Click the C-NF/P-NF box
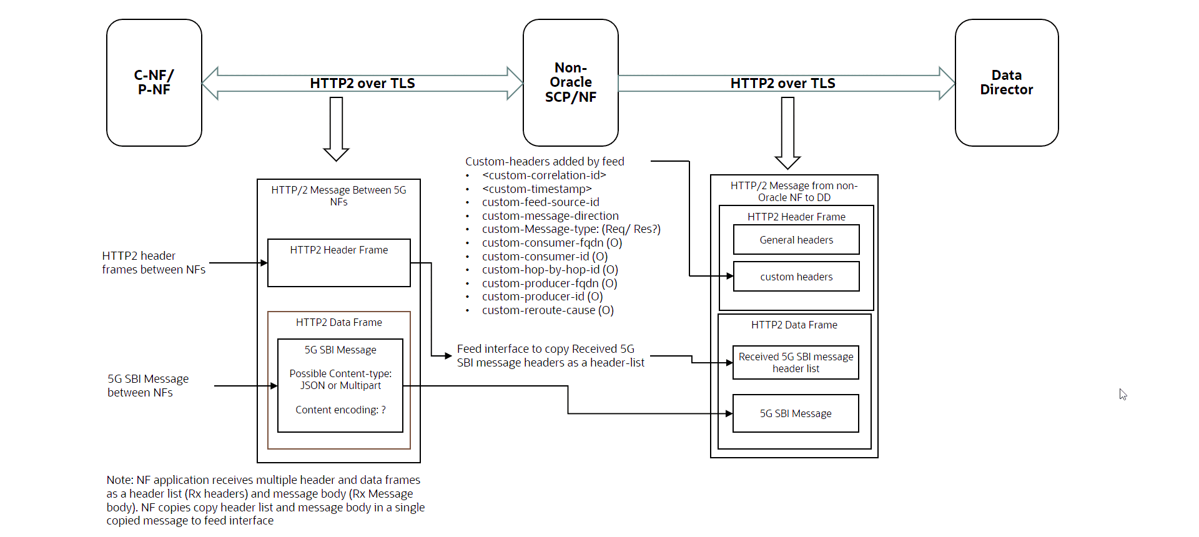[x=154, y=82]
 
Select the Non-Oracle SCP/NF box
[x=570, y=82]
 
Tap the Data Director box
[x=1006, y=82]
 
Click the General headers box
[x=796, y=240]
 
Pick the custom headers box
[x=796, y=277]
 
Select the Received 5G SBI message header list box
[x=796, y=363]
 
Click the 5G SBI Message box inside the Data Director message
[x=796, y=413]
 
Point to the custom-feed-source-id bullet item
[x=540, y=202]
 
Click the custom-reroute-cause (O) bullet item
[x=548, y=310]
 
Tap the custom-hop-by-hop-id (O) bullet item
[x=550, y=270]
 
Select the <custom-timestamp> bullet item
[x=536, y=189]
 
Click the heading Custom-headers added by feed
[x=545, y=162]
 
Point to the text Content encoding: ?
[x=340, y=410]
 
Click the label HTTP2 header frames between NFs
[x=154, y=263]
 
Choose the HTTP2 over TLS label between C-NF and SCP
[x=362, y=83]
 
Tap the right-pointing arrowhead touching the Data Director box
[x=947, y=83]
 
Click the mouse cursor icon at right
[x=1123, y=394]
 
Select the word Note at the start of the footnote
[x=119, y=480]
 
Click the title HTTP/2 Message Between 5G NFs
[x=338, y=195]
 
